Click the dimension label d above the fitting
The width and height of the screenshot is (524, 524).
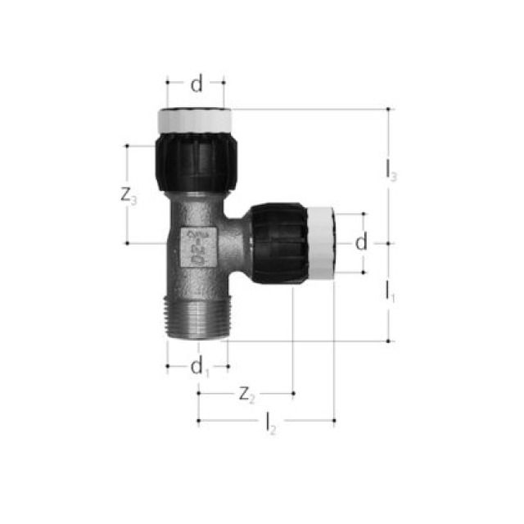pyautogui.click(x=196, y=84)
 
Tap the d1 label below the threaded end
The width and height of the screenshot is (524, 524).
pyautogui.click(x=199, y=368)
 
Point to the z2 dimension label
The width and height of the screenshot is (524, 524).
pyautogui.click(x=246, y=395)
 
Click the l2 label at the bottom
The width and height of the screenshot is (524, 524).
pyautogui.click(x=270, y=422)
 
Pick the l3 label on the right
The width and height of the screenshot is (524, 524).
pyautogui.click(x=391, y=171)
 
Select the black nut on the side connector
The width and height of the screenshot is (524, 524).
pyautogui.click(x=278, y=243)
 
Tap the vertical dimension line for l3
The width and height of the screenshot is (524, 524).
pyautogui.click(x=390, y=139)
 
